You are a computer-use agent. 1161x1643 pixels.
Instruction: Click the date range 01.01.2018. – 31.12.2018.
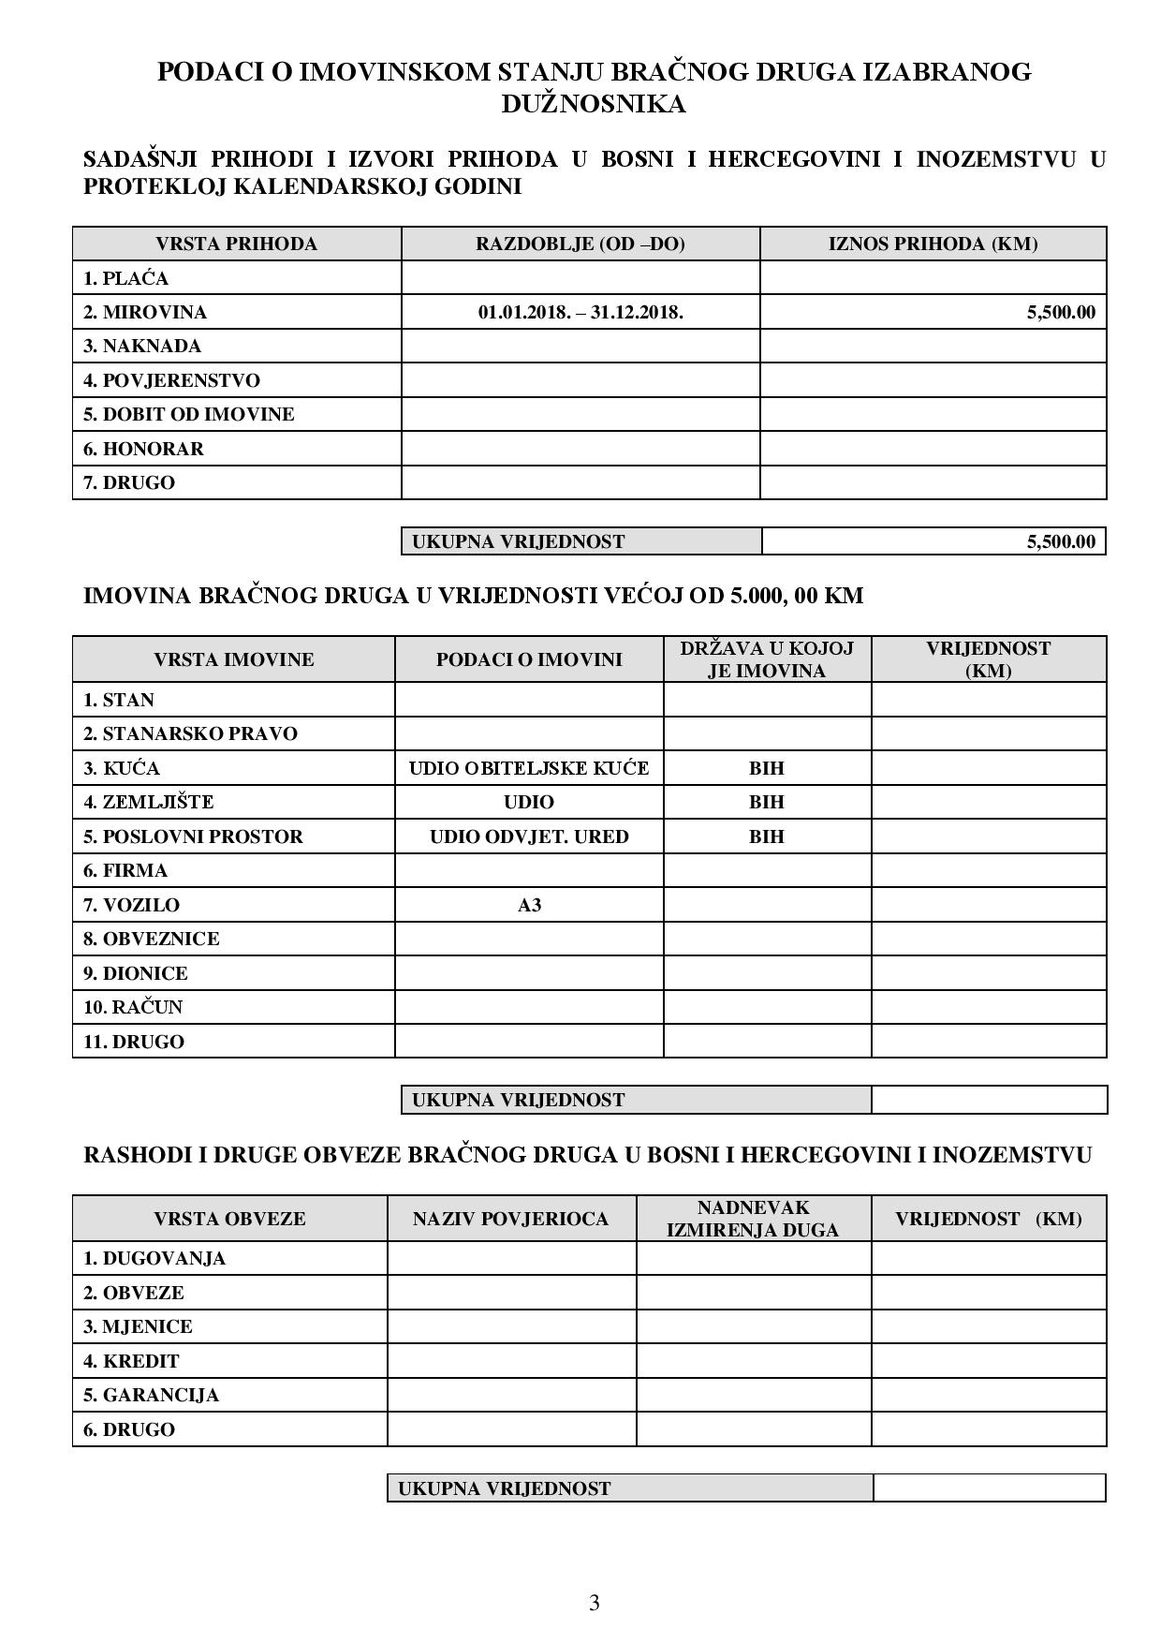point(580,312)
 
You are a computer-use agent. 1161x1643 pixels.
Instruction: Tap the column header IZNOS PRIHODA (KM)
point(933,244)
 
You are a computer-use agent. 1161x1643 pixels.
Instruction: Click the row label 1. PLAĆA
point(125,278)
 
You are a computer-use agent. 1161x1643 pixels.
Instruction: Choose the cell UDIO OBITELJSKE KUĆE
point(529,768)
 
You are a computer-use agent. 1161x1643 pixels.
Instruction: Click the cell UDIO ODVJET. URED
point(529,836)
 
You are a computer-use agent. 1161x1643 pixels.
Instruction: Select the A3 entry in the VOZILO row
point(529,905)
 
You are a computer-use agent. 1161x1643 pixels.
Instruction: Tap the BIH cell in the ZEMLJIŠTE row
point(767,802)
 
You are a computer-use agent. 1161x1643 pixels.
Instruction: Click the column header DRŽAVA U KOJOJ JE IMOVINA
point(767,659)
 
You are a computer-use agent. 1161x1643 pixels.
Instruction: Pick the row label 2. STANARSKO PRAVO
point(190,733)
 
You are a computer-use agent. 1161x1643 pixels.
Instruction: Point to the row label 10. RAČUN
point(133,1007)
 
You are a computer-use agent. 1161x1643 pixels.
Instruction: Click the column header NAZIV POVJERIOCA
point(510,1219)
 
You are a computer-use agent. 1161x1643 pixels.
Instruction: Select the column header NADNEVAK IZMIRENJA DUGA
point(753,1219)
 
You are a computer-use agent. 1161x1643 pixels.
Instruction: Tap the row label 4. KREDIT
point(131,1361)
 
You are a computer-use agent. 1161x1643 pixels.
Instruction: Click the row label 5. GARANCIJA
point(151,1395)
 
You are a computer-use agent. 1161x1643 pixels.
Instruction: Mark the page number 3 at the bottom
point(594,1603)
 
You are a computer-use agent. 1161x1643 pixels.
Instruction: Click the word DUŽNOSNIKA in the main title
point(594,103)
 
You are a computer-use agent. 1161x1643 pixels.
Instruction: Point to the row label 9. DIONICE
point(136,973)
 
